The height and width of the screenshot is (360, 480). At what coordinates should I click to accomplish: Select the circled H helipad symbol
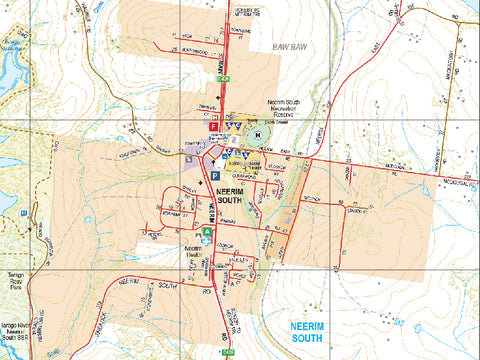(x=260, y=134)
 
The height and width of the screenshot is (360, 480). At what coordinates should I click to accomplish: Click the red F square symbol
(x=212, y=127)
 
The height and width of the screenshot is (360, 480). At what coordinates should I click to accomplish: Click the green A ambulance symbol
(x=207, y=231)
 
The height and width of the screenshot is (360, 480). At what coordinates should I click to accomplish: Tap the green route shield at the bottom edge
(x=228, y=354)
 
